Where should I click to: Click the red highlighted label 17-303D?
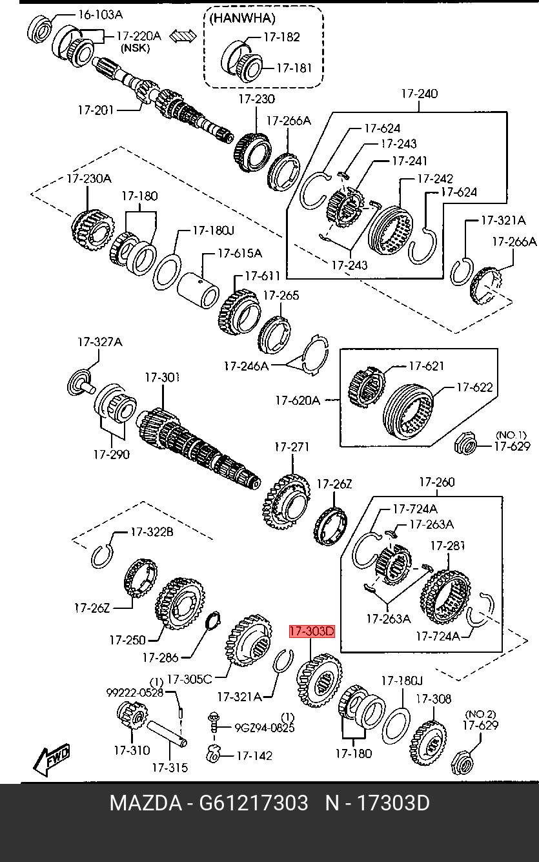point(311,631)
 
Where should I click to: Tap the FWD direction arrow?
point(52,759)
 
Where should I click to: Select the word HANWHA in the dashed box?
point(242,18)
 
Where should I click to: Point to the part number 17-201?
point(95,110)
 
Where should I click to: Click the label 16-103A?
point(99,14)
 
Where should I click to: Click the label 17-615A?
point(239,253)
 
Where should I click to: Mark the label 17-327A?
point(99,342)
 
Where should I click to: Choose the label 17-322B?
point(152,532)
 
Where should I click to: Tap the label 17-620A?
point(297,400)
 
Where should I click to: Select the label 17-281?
point(447,546)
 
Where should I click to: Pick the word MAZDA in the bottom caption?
point(145,804)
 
